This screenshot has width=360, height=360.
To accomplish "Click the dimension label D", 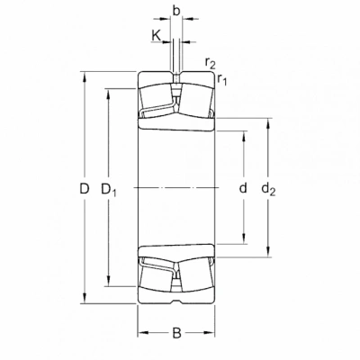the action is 85,189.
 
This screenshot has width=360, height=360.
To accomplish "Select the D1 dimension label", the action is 109,190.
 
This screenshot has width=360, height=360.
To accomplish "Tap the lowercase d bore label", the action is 243,188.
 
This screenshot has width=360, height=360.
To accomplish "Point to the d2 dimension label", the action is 268,189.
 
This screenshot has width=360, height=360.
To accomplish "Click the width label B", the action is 177,333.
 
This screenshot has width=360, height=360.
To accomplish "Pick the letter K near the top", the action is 156,35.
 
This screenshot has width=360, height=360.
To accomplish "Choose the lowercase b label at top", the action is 176,11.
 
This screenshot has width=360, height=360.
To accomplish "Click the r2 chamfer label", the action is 211,62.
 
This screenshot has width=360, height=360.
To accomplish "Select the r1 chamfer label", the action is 222,79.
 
